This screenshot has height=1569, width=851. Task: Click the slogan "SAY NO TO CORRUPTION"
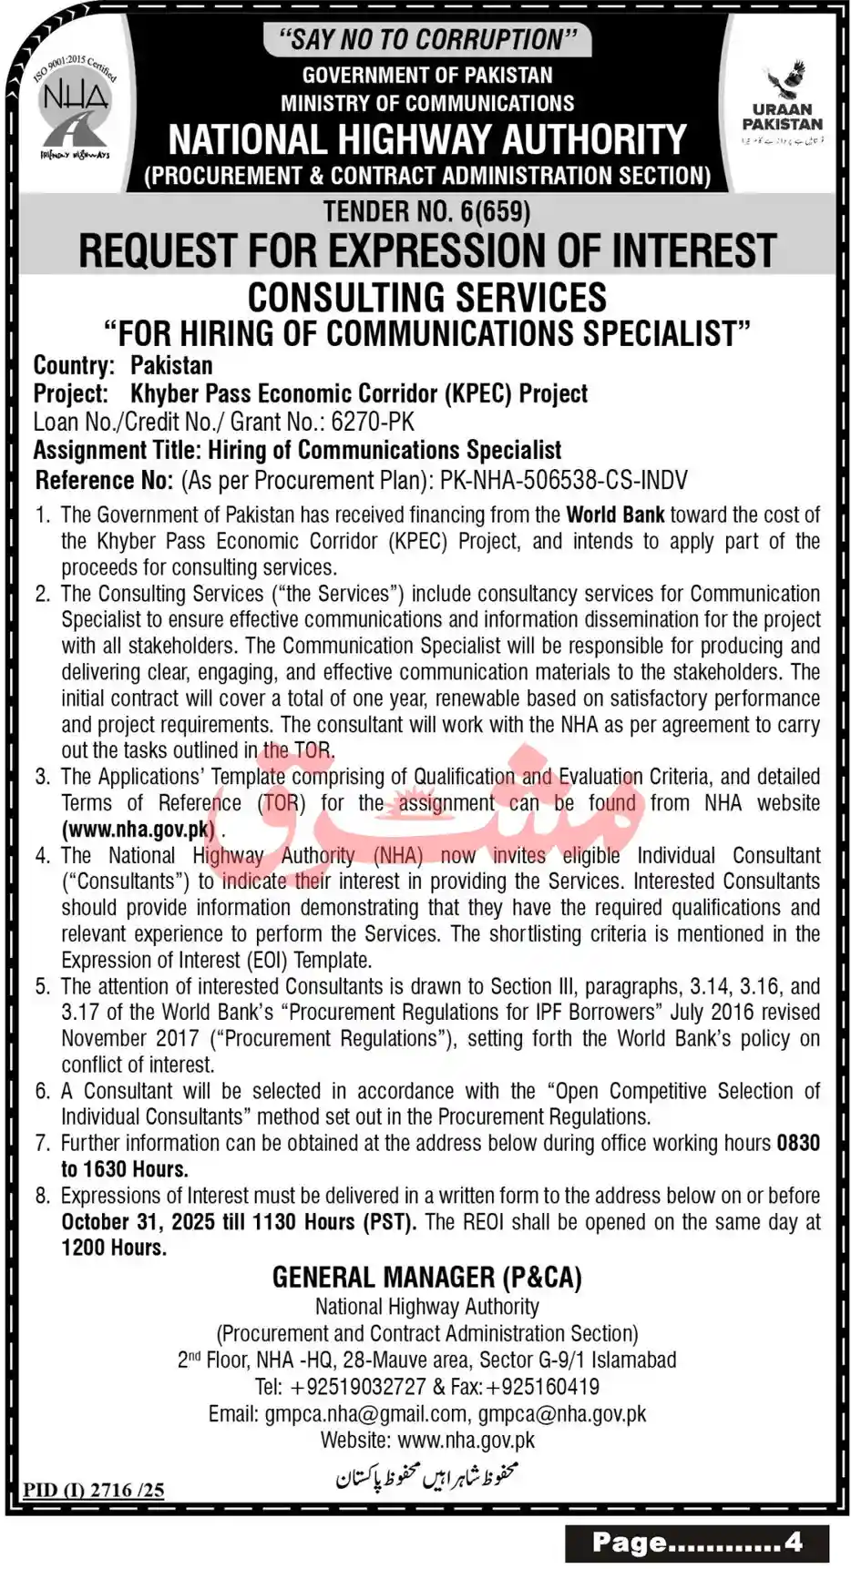pyautogui.click(x=426, y=39)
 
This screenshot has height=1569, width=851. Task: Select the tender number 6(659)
pyautogui.click(x=496, y=212)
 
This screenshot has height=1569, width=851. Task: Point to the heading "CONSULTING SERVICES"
pyautogui.click(x=426, y=298)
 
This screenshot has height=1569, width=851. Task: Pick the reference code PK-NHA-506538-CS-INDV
pyautogui.click(x=563, y=480)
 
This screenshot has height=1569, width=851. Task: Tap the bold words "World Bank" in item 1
pyautogui.click(x=615, y=515)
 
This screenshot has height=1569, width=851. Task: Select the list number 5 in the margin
pyautogui.click(x=42, y=986)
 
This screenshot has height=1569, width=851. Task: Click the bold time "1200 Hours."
pyautogui.click(x=114, y=1248)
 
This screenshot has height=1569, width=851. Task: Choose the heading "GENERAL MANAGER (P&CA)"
pyautogui.click(x=426, y=1278)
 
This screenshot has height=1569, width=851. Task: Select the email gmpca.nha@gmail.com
pyautogui.click(x=365, y=1413)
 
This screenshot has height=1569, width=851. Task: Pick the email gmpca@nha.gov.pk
pyautogui.click(x=562, y=1413)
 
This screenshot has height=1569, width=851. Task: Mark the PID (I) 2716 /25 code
pyautogui.click(x=94, y=1490)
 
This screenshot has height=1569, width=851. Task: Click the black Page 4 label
pyautogui.click(x=697, y=1542)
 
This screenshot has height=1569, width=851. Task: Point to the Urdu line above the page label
pyautogui.click(x=426, y=1473)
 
